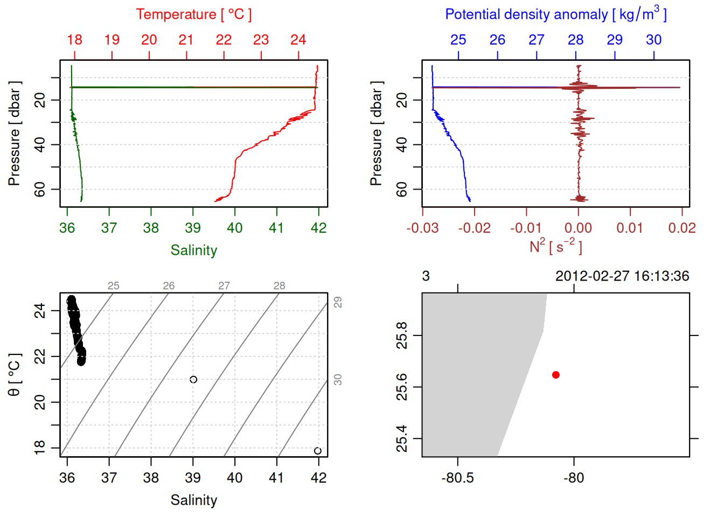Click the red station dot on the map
click(x=555, y=375)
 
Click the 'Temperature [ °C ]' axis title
click(x=193, y=15)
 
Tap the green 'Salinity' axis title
click(x=193, y=250)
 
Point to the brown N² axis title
click(x=555, y=246)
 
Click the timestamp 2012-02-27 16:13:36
click(x=622, y=276)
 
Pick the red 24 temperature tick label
click(x=298, y=40)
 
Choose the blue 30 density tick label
click(x=653, y=40)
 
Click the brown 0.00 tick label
click(x=578, y=228)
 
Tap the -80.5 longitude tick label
click(x=457, y=478)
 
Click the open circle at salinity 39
click(x=193, y=380)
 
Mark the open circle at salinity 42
click(x=318, y=451)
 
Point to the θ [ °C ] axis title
click(x=15, y=375)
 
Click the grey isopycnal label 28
click(x=279, y=286)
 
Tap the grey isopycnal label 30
click(x=338, y=380)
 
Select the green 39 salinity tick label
click(x=193, y=228)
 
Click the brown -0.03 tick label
click(x=422, y=228)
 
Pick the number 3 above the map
click(x=426, y=276)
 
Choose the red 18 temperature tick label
click(x=74, y=40)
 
